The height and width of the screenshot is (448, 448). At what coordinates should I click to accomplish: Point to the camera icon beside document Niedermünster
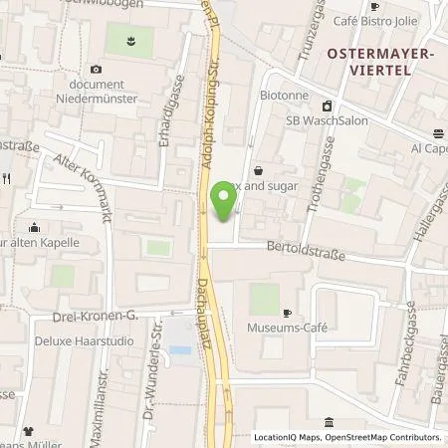coord(97,69)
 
